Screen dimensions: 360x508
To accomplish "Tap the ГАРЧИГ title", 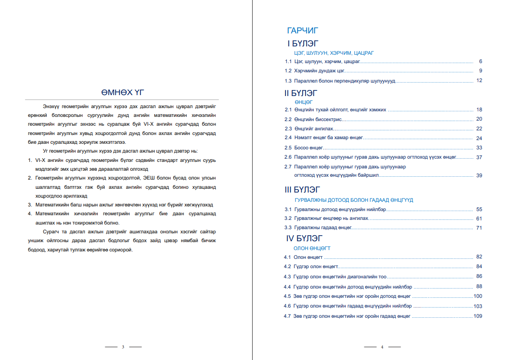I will pyautogui.click(x=303, y=31).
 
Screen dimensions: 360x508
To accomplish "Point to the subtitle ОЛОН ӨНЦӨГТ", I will pyautogui.click(x=311, y=248).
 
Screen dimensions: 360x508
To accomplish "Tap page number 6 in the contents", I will pyautogui.click(x=481, y=61).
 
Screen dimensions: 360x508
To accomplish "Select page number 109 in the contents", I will pyautogui.click(x=478, y=316).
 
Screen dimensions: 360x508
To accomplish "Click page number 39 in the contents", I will pyautogui.click(x=479, y=175).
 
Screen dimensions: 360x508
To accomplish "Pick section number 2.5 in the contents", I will pyautogui.click(x=288, y=148).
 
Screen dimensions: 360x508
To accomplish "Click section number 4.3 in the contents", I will pyautogui.click(x=287, y=276).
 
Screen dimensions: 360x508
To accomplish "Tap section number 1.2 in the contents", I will pyautogui.click(x=288, y=71).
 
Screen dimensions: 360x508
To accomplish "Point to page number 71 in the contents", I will pyautogui.click(x=479, y=228).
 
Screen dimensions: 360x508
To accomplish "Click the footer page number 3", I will pyautogui.click(x=123, y=347).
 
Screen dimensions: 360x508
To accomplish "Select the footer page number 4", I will pyautogui.click(x=382, y=347).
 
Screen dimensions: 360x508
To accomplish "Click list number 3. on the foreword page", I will pyautogui.click(x=30, y=204).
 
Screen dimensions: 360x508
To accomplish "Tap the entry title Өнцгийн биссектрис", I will pyautogui.click(x=318, y=119).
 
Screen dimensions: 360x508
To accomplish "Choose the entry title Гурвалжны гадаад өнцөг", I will pyautogui.click(x=323, y=228).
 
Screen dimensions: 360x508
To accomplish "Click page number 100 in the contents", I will pyautogui.click(x=478, y=296).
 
